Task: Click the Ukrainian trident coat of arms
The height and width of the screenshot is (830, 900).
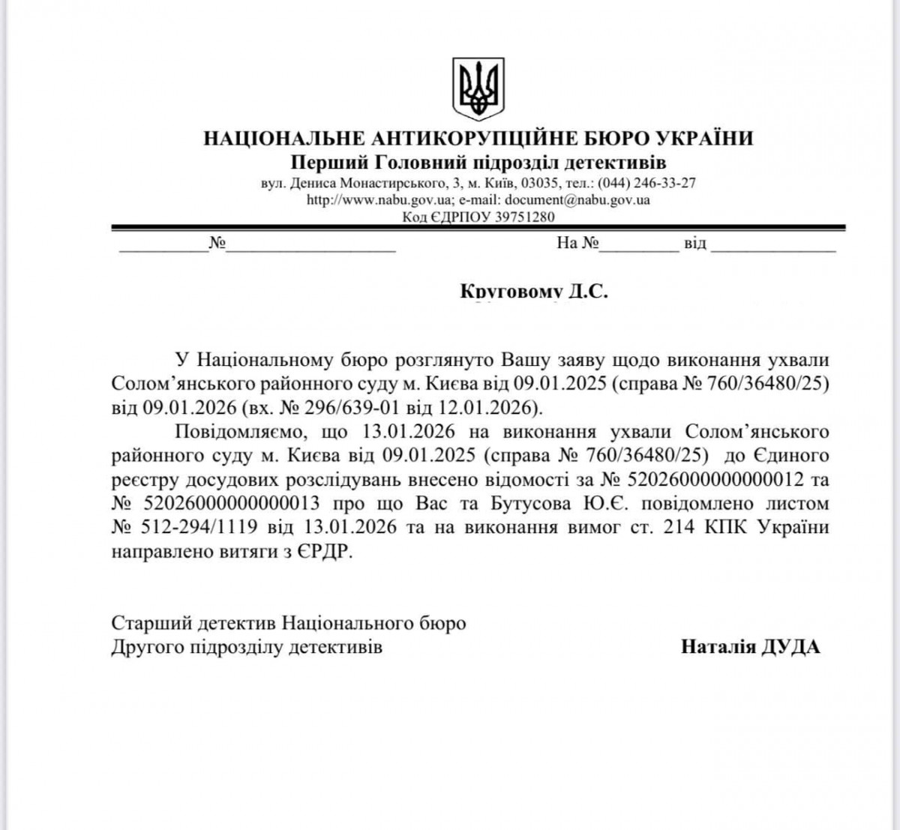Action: point(478,88)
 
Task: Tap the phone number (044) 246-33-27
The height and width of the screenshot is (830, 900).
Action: point(646,183)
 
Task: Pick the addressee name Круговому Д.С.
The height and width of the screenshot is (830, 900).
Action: point(533,291)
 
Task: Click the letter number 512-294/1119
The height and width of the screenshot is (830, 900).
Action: point(200,527)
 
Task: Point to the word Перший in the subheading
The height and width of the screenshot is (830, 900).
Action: point(318,163)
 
